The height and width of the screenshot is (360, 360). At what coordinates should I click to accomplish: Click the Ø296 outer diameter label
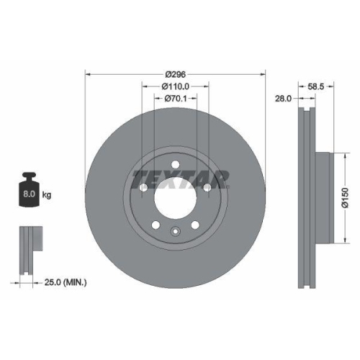click(x=175, y=74)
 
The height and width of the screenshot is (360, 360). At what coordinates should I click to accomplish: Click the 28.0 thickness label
click(x=282, y=99)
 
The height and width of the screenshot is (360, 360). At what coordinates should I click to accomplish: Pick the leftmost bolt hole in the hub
click(x=143, y=188)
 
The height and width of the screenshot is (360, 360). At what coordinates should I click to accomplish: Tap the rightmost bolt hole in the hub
click(x=207, y=188)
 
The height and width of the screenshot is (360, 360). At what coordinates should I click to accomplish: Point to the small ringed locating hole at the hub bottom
click(x=175, y=231)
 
